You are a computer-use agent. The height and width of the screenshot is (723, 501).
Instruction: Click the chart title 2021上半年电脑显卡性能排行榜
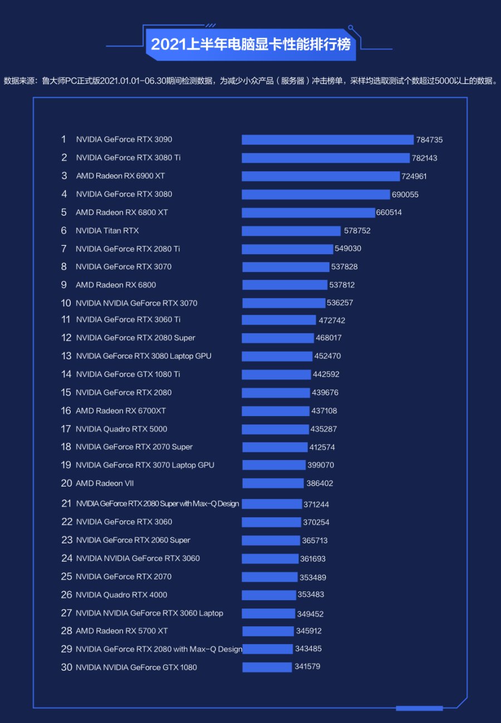tap(250, 44)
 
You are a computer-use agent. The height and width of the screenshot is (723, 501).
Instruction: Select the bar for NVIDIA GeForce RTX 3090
tap(327, 140)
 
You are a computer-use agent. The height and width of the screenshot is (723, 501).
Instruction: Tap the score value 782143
tap(424, 158)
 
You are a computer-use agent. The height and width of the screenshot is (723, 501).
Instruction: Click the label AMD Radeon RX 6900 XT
tap(120, 176)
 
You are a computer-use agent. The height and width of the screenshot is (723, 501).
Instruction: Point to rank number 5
tap(64, 212)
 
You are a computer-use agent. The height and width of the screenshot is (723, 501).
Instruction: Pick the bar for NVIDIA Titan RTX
tap(291, 231)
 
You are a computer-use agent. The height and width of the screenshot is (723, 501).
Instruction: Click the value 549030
tap(348, 249)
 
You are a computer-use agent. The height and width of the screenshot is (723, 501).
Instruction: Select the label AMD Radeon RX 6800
tap(116, 285)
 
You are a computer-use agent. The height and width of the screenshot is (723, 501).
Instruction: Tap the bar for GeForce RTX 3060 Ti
tap(278, 320)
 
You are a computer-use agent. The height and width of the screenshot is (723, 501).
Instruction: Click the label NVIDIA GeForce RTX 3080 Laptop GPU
tap(144, 356)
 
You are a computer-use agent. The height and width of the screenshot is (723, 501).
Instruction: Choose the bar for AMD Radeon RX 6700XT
tap(275, 411)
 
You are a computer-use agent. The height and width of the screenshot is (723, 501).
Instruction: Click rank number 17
tap(66, 429)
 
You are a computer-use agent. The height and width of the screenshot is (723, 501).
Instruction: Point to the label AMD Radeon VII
tap(105, 483)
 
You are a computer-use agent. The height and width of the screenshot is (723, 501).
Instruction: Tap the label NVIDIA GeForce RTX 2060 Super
tap(133, 540)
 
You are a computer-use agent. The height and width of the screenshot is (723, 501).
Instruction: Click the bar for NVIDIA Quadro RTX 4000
tap(268, 595)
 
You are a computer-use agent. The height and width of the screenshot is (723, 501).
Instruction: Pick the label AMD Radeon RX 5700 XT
tap(121, 631)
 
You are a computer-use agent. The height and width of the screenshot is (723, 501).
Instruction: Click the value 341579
tap(307, 666)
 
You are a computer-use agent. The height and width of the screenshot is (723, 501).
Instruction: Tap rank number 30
tap(66, 667)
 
